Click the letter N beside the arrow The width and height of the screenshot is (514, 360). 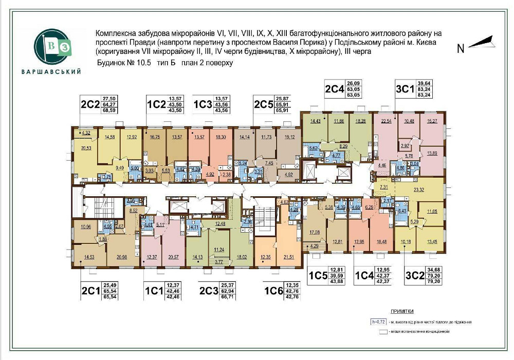pyautogui.click(x=461, y=49)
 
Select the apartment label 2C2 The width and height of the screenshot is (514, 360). pyautogui.click(x=90, y=105)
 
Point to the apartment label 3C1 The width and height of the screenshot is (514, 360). pyautogui.click(x=405, y=89)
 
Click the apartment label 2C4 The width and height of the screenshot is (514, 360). pyautogui.click(x=335, y=89)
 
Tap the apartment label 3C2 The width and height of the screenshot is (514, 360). pyautogui.click(x=415, y=274)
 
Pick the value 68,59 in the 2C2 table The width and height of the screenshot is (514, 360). pyautogui.click(x=109, y=110)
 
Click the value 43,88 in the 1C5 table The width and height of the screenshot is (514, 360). pyautogui.click(x=336, y=280)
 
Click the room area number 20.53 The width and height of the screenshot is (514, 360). pyautogui.click(x=86, y=148)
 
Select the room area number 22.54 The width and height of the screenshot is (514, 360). pyautogui.click(x=387, y=121)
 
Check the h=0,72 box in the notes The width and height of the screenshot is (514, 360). pyautogui.click(x=377, y=322)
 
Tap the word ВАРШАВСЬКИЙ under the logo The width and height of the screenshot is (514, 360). pyautogui.click(x=51, y=71)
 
